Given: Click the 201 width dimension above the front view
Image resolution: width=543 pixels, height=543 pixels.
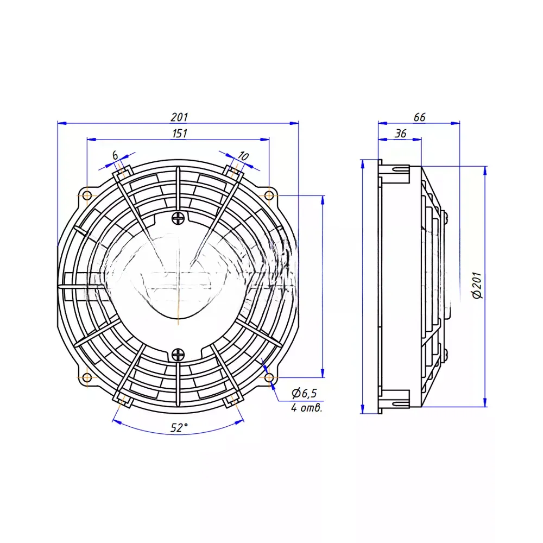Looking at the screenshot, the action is pyautogui.click(x=179, y=117).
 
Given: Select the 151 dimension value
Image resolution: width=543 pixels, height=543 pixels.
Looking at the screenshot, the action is pyautogui.click(x=179, y=134).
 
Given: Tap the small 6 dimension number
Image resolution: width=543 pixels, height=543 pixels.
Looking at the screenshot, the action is pyautogui.click(x=115, y=155).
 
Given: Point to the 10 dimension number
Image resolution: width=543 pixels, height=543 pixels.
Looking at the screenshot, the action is pyautogui.click(x=243, y=156).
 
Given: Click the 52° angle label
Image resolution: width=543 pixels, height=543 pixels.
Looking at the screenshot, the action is pyautogui.click(x=179, y=428).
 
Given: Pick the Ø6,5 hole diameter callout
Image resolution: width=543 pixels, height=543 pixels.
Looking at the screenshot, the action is pyautogui.click(x=305, y=393).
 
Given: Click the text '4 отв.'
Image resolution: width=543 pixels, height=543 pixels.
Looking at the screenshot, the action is pyautogui.click(x=306, y=408).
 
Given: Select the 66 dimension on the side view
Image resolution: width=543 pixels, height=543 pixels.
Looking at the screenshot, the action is pyautogui.click(x=419, y=117).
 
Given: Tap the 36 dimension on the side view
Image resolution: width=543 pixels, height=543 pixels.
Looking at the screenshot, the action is pyautogui.click(x=400, y=134).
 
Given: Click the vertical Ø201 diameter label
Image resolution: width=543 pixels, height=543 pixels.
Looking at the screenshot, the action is pyautogui.click(x=477, y=286).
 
